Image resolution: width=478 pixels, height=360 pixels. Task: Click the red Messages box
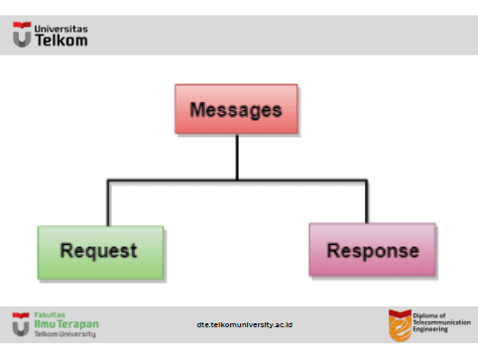click(236, 109)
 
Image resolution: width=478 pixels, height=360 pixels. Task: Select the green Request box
click(100, 253)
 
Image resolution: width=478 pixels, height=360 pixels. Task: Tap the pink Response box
click(372, 250)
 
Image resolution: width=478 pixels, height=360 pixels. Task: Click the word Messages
click(236, 110)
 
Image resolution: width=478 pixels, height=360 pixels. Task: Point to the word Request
click(98, 251)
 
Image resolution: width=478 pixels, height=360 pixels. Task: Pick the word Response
click(373, 251)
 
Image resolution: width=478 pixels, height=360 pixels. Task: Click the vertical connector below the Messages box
click(237, 157)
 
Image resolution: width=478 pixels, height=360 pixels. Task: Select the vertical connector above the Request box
click(108, 203)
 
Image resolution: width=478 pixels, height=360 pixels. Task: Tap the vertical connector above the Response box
click(367, 201)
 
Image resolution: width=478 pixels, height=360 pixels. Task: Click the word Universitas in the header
click(61, 29)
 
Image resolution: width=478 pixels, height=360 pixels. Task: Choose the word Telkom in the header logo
click(61, 41)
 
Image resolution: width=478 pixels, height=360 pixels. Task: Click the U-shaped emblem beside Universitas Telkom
click(22, 35)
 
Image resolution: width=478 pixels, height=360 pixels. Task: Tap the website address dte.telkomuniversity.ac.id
click(245, 325)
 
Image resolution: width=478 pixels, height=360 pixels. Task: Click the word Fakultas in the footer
click(50, 315)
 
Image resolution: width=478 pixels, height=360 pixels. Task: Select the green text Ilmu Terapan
click(66, 324)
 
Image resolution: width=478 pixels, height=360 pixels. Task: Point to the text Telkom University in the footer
click(65, 334)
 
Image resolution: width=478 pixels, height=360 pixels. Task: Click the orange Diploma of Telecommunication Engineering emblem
click(400, 325)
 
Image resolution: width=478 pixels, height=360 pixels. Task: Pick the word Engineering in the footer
click(430, 329)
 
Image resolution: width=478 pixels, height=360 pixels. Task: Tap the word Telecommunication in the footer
click(442, 322)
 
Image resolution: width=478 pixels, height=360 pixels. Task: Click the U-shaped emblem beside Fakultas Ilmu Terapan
click(21, 324)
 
